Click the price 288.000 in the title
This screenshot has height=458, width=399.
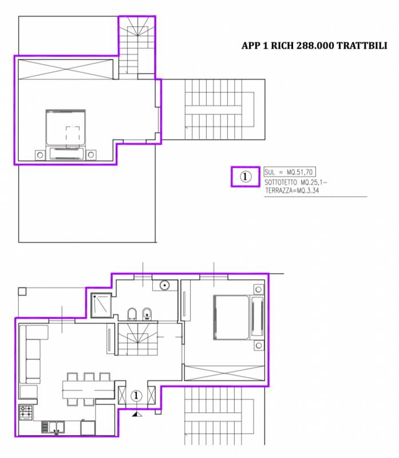pos(315,46)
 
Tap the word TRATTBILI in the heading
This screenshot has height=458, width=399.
pos(362,46)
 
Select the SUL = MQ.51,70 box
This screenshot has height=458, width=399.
pos(290,172)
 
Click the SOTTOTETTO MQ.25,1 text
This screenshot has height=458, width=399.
pos(295,183)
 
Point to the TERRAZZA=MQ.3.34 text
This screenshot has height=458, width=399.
pos(292,191)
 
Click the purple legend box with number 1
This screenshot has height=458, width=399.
pos(246,176)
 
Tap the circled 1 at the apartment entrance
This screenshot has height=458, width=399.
pos(136,396)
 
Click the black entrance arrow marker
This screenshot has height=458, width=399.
pos(137,414)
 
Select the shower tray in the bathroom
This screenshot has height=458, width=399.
pos(101,305)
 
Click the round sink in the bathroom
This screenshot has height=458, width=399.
pos(165,285)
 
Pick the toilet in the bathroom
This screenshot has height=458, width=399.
pos(132,314)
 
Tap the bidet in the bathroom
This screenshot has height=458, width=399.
pos(147,314)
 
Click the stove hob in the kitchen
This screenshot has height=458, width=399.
pos(26,412)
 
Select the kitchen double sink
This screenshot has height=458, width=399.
pos(53,427)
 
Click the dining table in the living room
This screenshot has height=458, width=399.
pos(88,390)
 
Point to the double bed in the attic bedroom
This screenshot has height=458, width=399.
pos(66,135)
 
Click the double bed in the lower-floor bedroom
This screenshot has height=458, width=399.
pos(239,318)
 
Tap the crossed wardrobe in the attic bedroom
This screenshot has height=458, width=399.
pos(66,69)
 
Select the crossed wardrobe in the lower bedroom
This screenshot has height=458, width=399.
pos(224,373)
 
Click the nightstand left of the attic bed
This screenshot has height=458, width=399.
pos(40,155)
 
